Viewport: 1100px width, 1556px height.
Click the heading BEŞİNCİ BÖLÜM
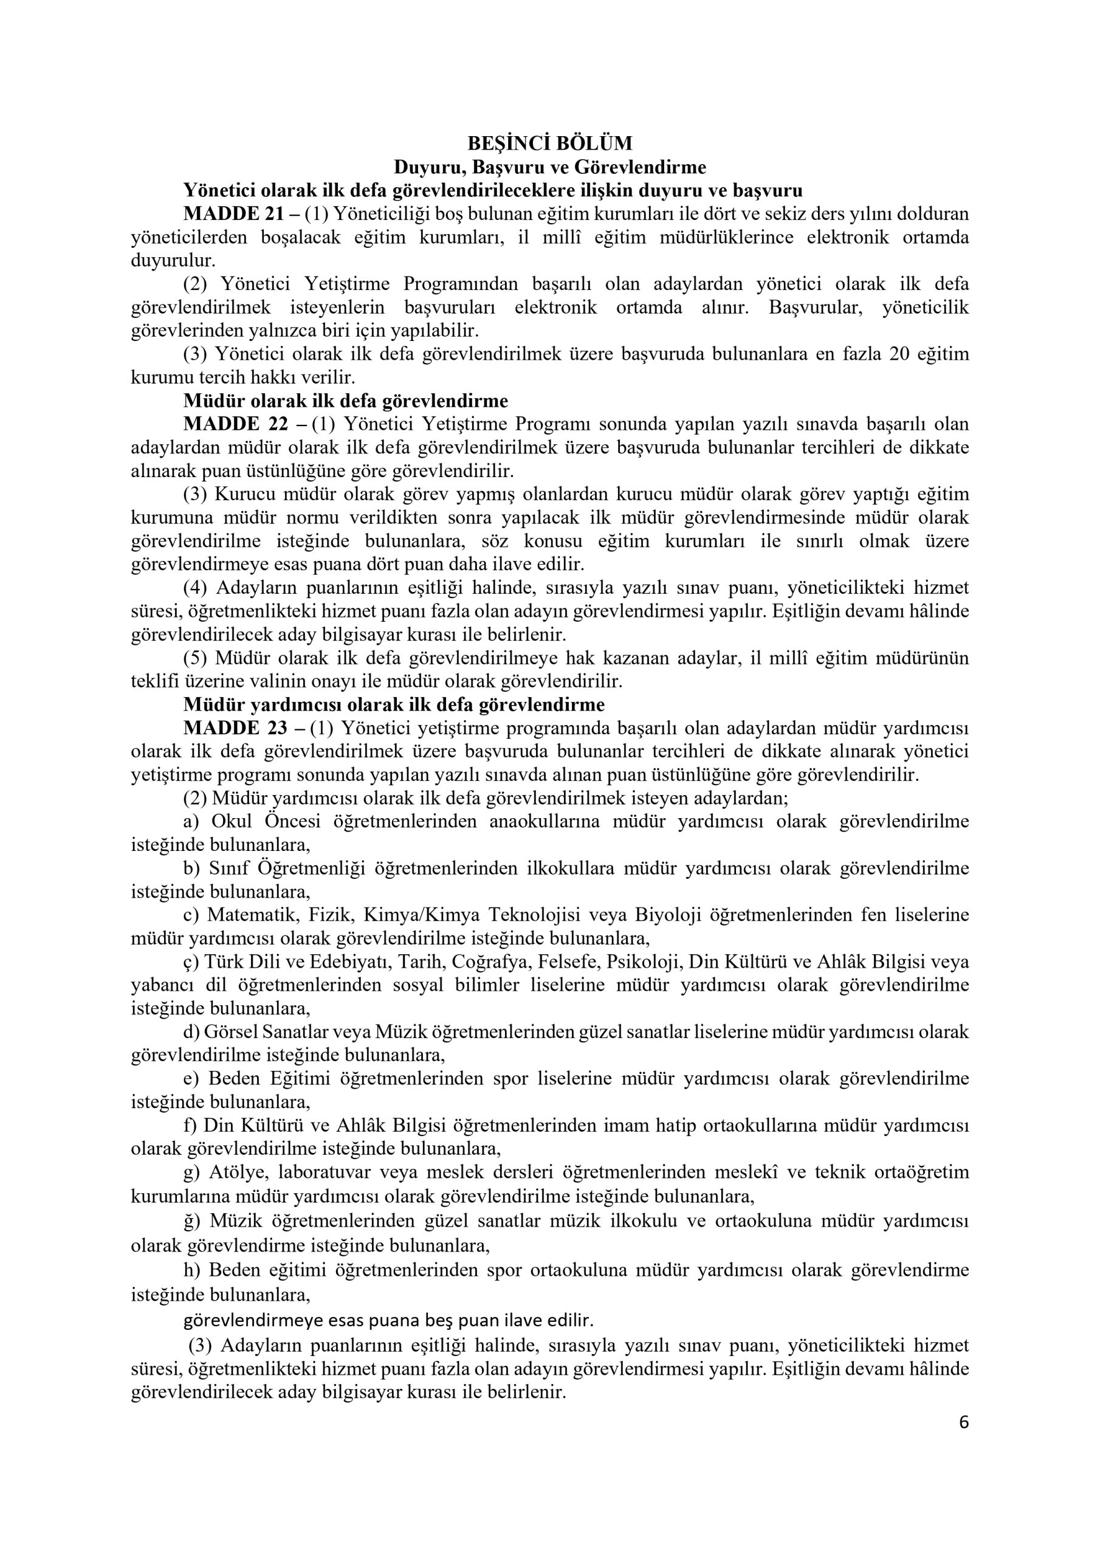click(x=549, y=143)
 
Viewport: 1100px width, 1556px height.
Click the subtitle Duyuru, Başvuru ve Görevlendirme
click(x=549, y=167)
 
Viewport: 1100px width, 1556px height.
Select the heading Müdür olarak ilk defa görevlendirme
click(x=346, y=401)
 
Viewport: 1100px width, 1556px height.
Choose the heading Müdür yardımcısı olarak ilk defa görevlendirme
click(x=394, y=705)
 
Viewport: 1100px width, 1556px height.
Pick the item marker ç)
click(x=190, y=962)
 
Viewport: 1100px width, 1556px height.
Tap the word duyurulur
click(x=173, y=260)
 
